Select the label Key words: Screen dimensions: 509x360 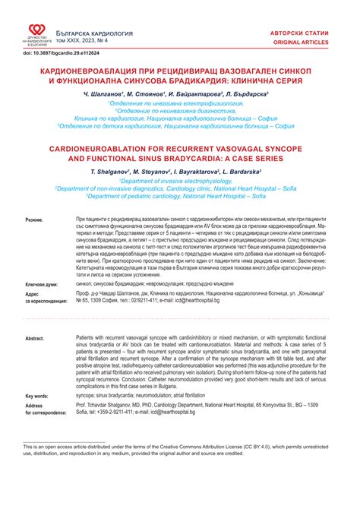click(37, 396)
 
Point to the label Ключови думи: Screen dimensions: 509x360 click(43, 281)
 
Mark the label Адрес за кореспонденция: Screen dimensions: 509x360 click(46, 296)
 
